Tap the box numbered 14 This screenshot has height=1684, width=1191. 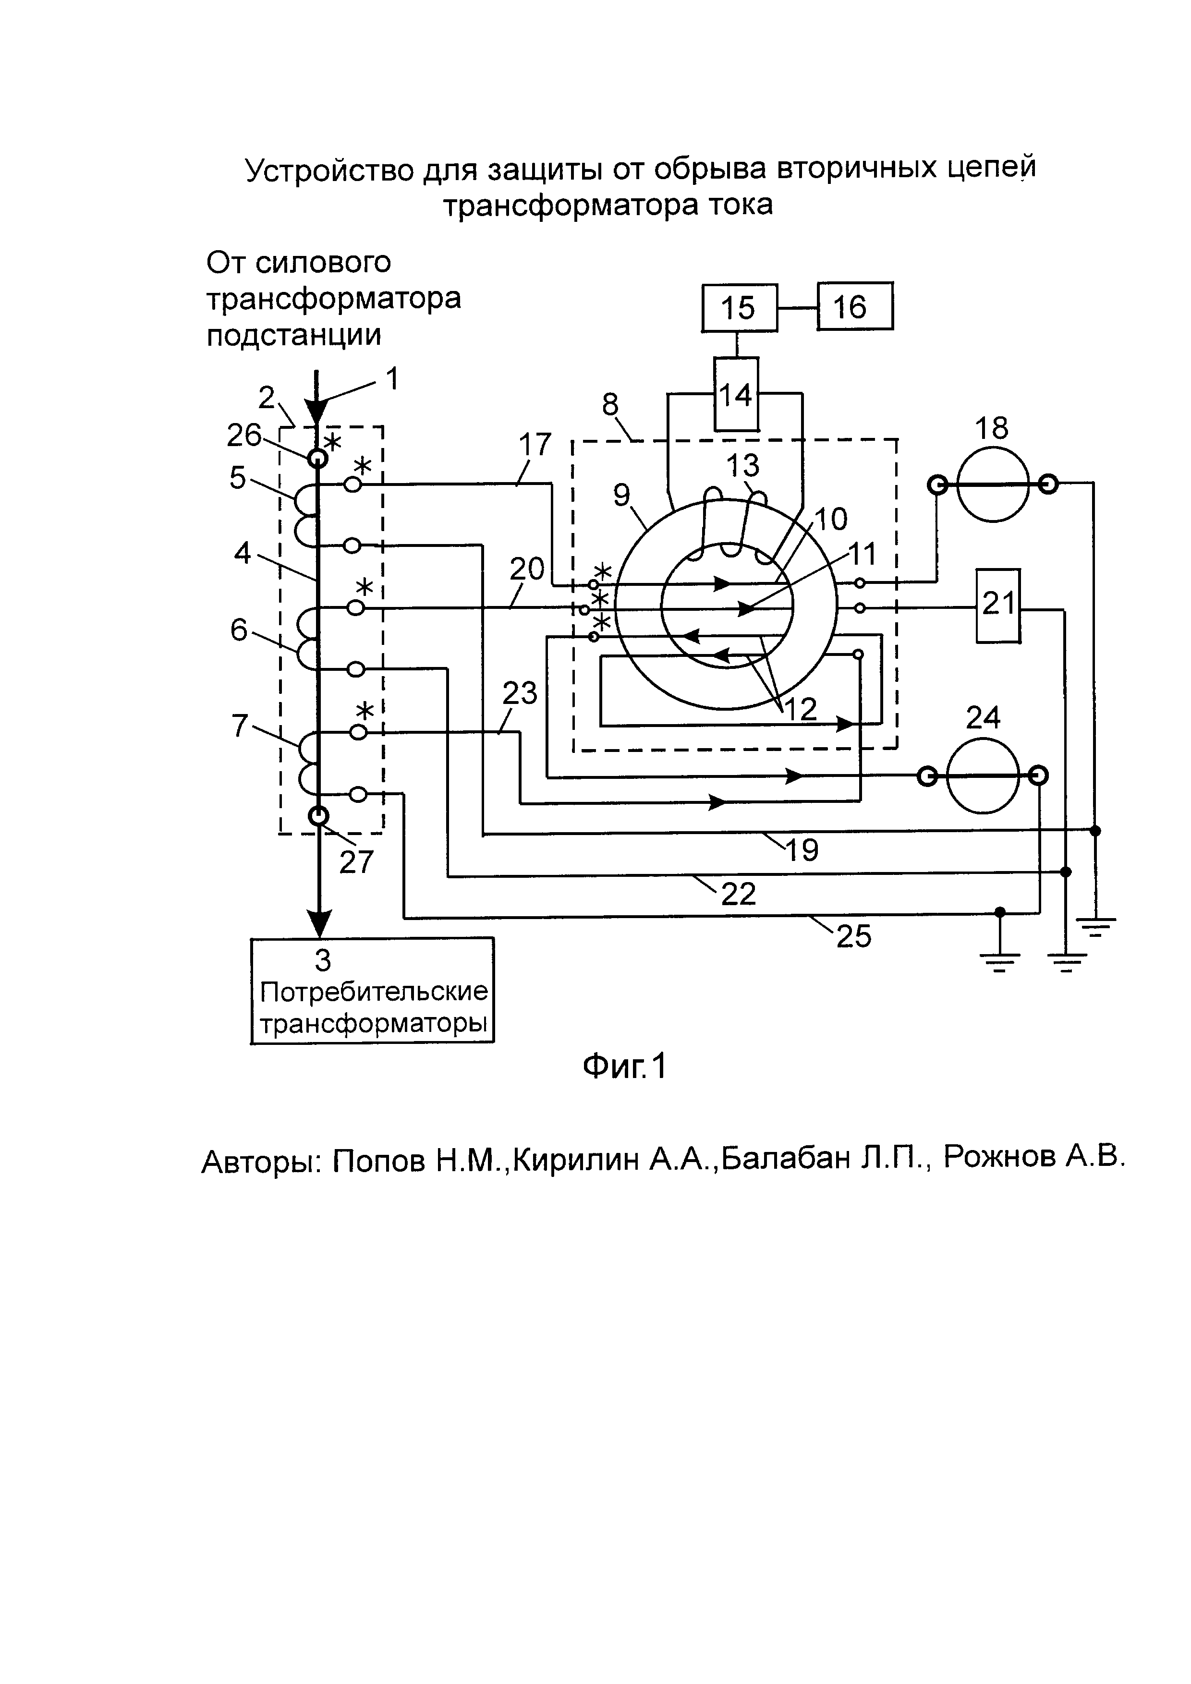[736, 395]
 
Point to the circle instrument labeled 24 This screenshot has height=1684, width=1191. [983, 776]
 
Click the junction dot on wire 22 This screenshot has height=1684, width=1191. [1066, 872]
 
